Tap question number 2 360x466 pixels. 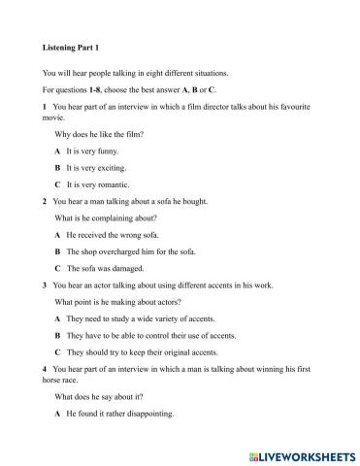[x=46, y=201]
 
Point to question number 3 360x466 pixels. [x=46, y=286]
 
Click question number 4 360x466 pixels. [x=46, y=371]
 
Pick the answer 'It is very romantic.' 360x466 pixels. [x=104, y=183]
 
